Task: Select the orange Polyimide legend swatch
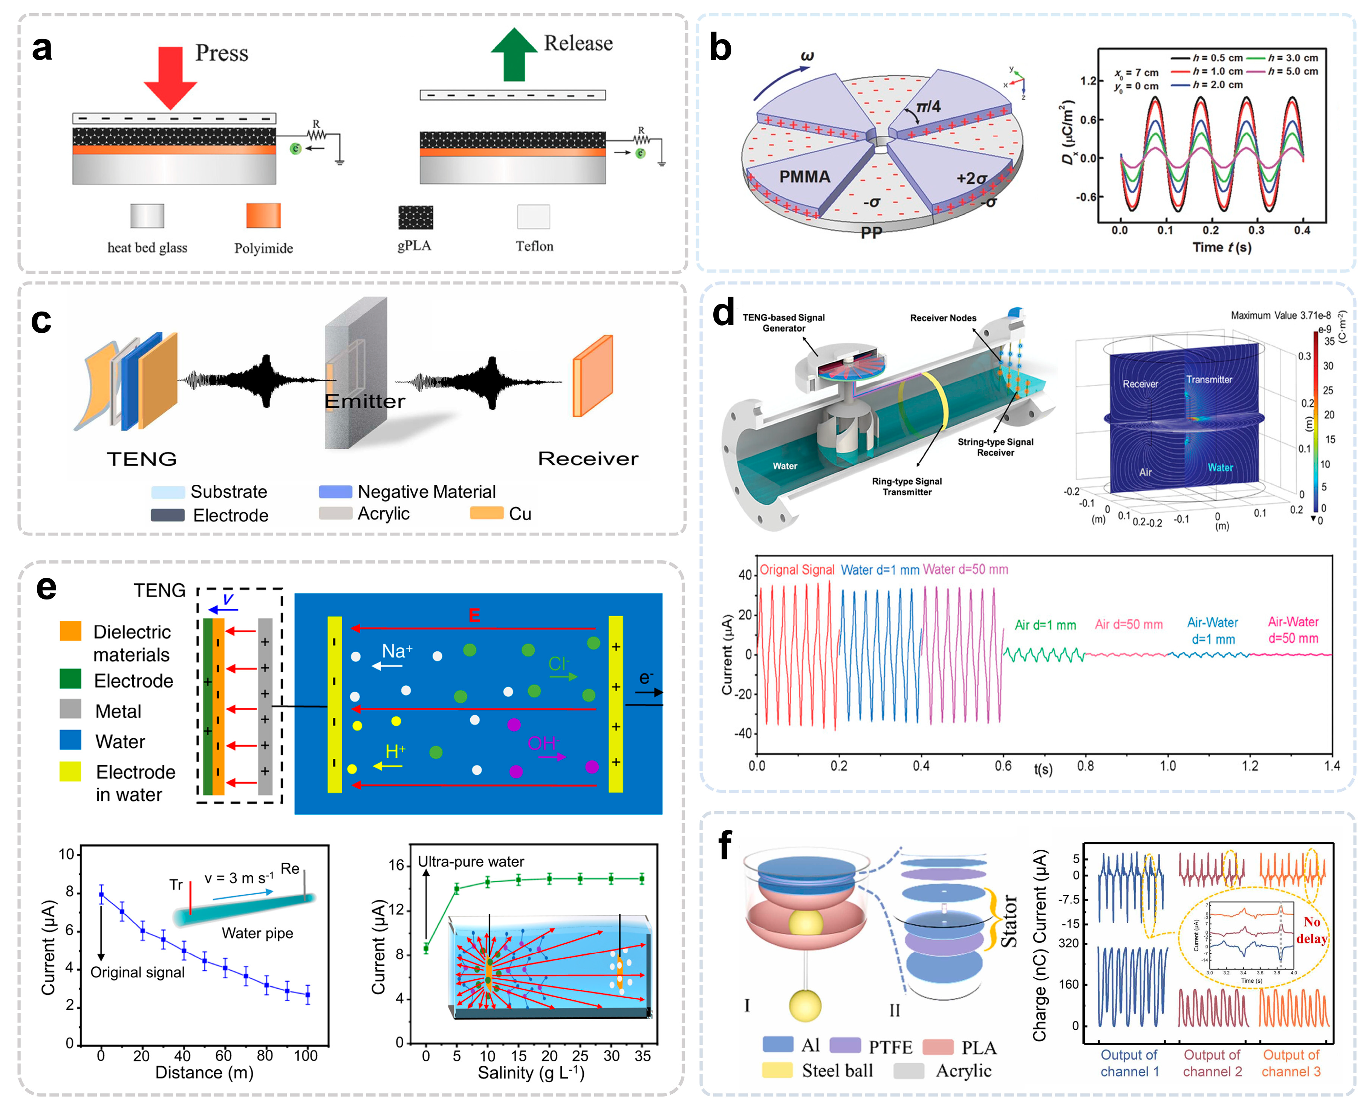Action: click(263, 216)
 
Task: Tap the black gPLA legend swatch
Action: click(415, 217)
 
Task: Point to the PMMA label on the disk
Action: click(804, 177)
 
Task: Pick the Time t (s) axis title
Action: click(1222, 248)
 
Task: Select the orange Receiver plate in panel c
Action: click(592, 376)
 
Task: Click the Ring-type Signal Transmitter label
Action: click(906, 486)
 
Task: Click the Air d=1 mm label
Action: click(1045, 625)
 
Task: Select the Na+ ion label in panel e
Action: click(397, 651)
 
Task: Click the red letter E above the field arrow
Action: click(474, 615)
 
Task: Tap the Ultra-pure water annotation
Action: click(471, 861)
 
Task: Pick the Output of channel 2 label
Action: click(1212, 1063)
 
